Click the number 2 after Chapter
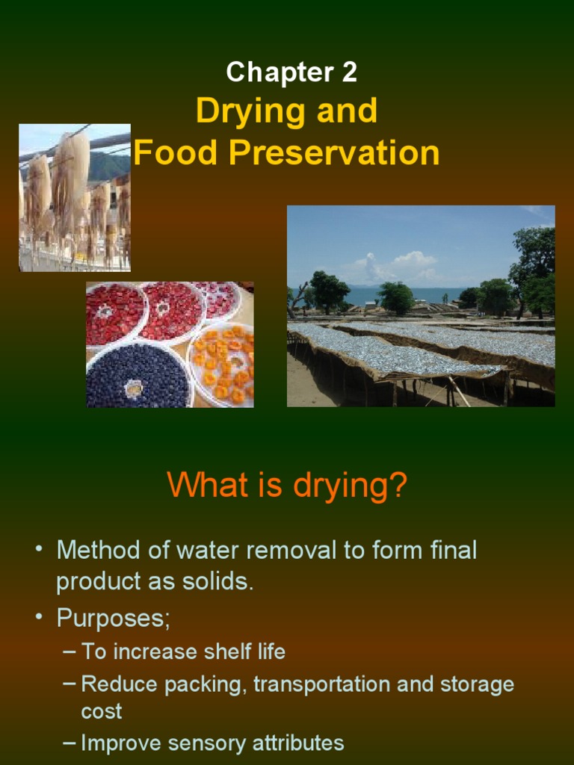pyautogui.click(x=349, y=72)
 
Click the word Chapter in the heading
pyautogui.click(x=280, y=72)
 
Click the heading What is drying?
pyautogui.click(x=287, y=485)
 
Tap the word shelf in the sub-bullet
pyautogui.click(x=215, y=651)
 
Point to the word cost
pyautogui.click(x=101, y=710)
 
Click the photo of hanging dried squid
pyautogui.click(x=75, y=197)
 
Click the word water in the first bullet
pyautogui.click(x=205, y=551)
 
